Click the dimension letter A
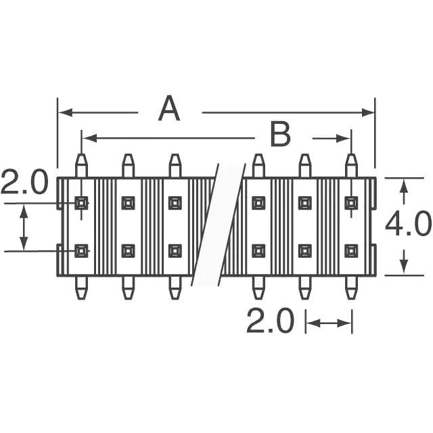(169, 109)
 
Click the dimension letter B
(279, 135)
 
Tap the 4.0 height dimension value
(408, 224)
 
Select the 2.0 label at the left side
(24, 183)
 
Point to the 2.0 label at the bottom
(269, 322)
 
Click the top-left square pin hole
(81, 202)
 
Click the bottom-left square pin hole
(81, 251)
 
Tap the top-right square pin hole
(350, 202)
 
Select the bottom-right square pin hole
(350, 251)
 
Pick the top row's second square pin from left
(128, 202)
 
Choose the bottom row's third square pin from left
(175, 251)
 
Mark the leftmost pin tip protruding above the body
(81, 163)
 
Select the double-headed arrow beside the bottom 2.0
(329, 323)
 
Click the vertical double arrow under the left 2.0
(24, 227)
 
